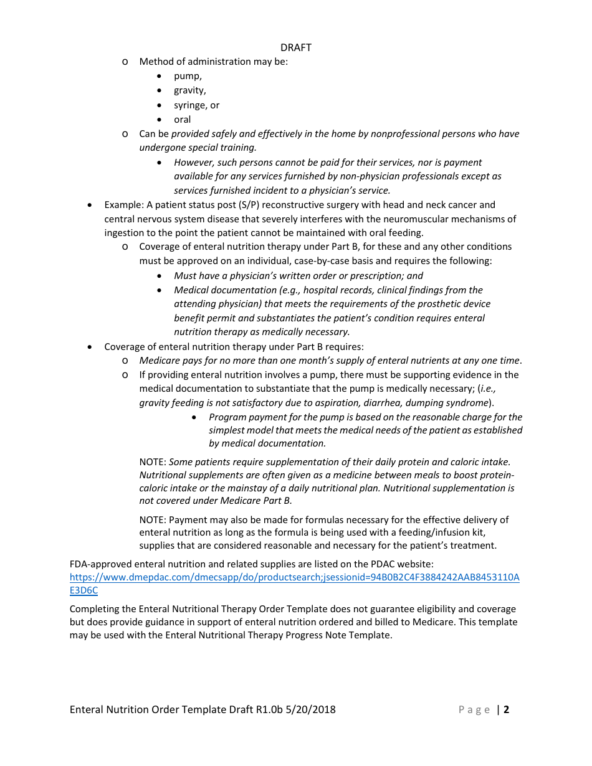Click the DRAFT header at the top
(296, 47)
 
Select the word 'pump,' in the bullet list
(188, 76)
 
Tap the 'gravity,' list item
(189, 90)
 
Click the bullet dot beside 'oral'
(160, 120)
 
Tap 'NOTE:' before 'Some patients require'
(153, 462)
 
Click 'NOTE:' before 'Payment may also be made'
(153, 520)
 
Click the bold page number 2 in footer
(507, 709)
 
